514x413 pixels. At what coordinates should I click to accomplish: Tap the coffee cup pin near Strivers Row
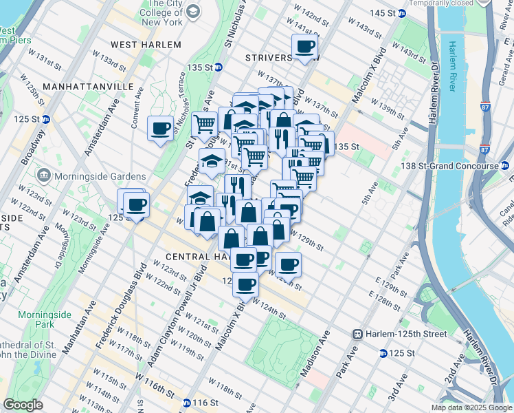pyautogui.click(x=304, y=47)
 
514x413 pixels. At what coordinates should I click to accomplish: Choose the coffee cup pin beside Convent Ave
pyautogui.click(x=161, y=129)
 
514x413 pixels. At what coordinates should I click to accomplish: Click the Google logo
pyautogui.click(x=23, y=405)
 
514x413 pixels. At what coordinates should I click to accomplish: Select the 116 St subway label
pyautogui.click(x=200, y=403)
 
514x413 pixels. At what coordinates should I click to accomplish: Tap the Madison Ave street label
pyautogui.click(x=315, y=352)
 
